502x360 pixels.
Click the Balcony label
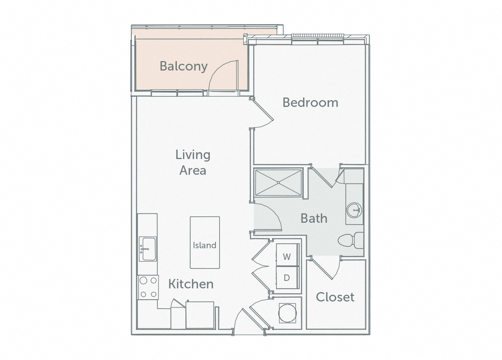[x=184, y=66]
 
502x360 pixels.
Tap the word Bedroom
[x=310, y=102]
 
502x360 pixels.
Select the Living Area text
[x=193, y=162]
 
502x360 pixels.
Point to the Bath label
[x=314, y=218]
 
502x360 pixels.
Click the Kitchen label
[x=191, y=284]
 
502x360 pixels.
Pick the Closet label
[x=335, y=297]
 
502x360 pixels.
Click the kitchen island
[x=205, y=242]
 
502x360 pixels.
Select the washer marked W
[x=287, y=256]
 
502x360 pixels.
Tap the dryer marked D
[x=287, y=278]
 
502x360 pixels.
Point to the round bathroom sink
[x=354, y=210]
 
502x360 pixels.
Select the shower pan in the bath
[x=278, y=183]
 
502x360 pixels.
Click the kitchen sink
[x=147, y=249]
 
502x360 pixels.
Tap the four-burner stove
[x=148, y=287]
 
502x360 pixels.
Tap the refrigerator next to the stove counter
[x=200, y=315]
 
